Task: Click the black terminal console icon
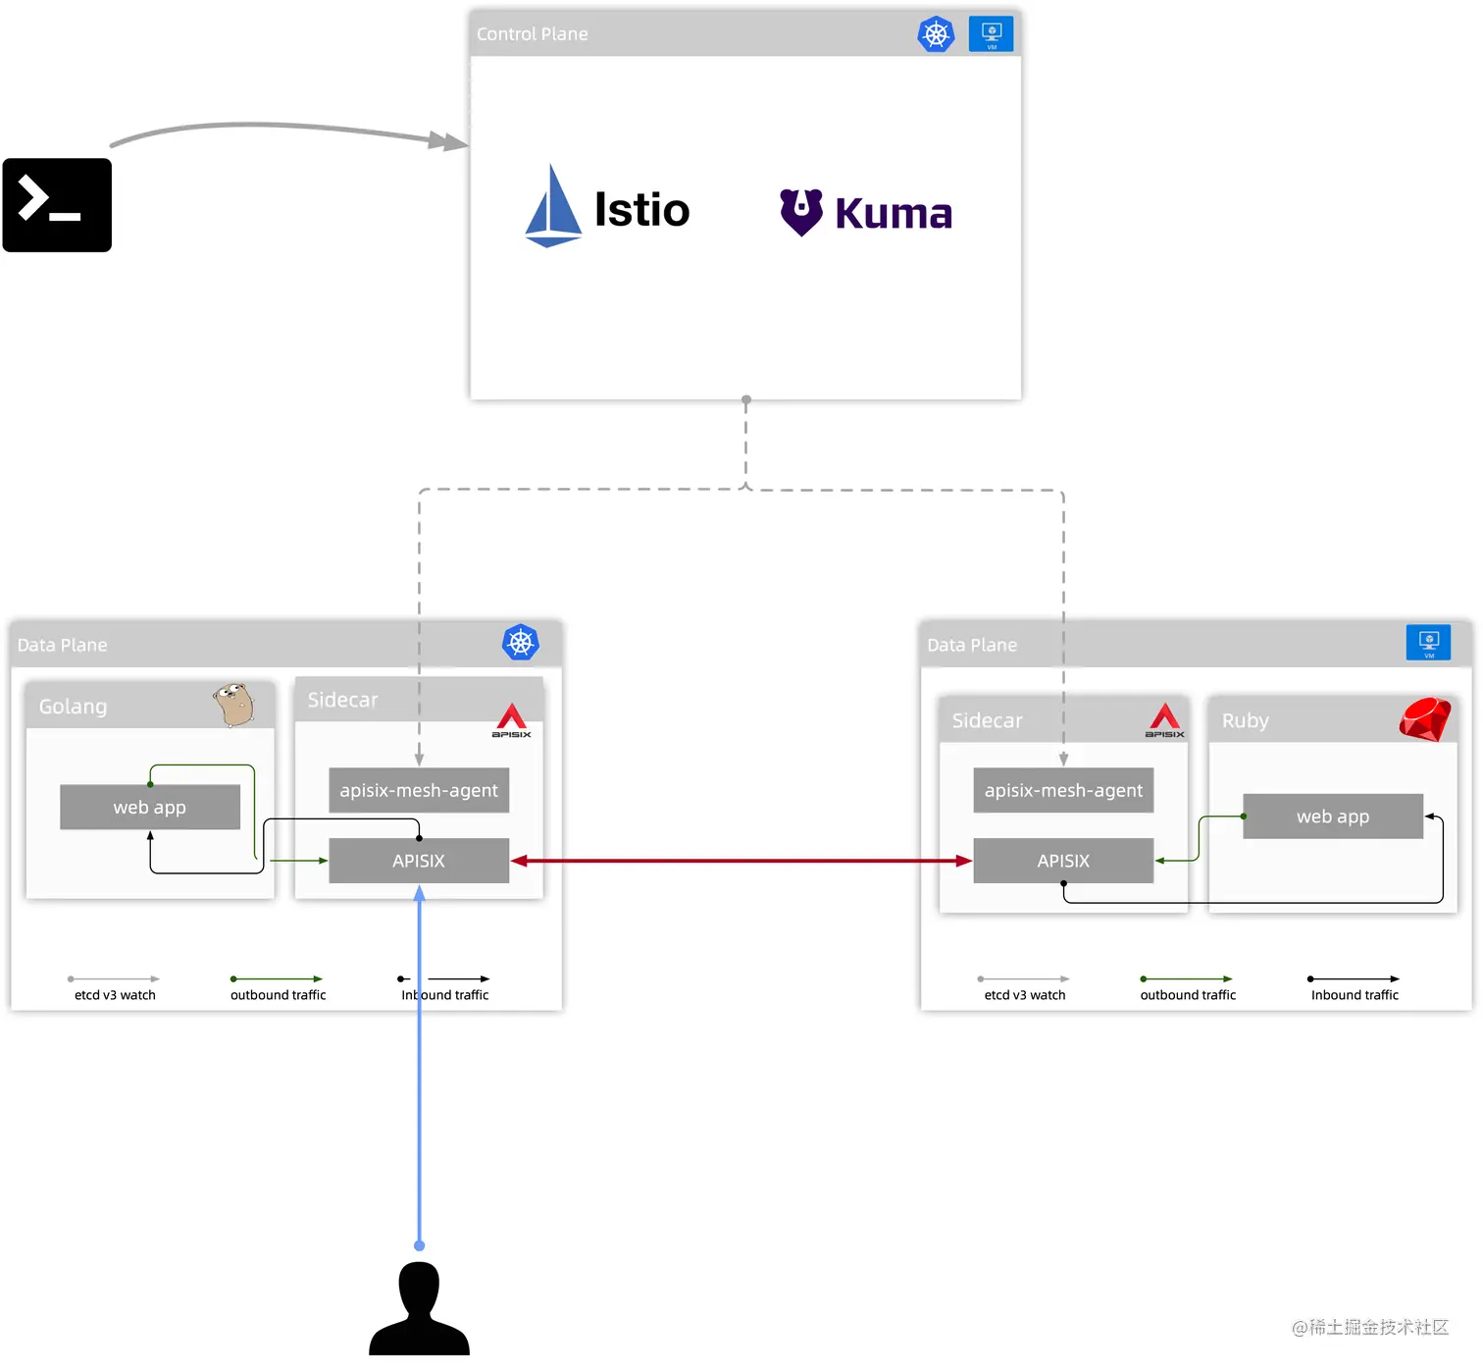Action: point(57,205)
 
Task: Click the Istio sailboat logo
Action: point(553,207)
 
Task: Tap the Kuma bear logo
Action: point(801,211)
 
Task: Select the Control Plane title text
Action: point(532,34)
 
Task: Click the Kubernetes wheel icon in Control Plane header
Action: point(936,34)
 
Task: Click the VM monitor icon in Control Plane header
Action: point(991,33)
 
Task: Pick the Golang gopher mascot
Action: point(234,704)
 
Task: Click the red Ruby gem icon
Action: point(1424,720)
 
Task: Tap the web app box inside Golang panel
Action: point(150,807)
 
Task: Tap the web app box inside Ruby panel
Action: point(1332,816)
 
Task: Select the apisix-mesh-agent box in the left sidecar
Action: point(419,790)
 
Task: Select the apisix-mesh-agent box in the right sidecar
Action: point(1063,790)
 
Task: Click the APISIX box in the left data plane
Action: point(419,861)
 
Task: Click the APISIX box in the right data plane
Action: point(1063,861)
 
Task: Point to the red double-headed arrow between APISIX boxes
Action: point(741,861)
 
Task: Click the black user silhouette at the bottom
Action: point(419,1311)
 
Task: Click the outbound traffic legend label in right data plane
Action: point(1188,995)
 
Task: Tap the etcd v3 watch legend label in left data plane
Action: point(115,995)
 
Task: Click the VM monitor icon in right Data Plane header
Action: point(1428,643)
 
